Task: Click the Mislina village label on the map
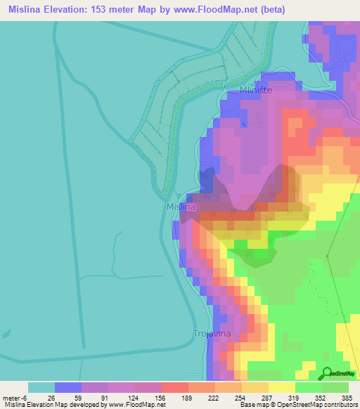(179, 207)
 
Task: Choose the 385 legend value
(347, 397)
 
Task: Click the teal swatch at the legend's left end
(41, 387)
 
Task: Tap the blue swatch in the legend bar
(67, 387)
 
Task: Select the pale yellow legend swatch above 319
(282, 387)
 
